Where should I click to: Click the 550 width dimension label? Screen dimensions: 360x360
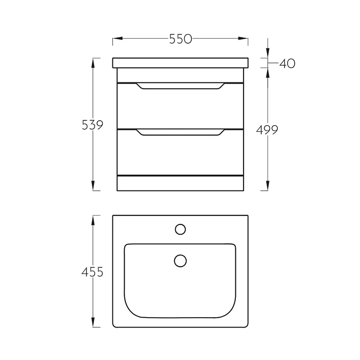coord(180,39)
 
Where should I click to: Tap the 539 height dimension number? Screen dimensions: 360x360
coord(93,125)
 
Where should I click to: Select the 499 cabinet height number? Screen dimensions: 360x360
coord(267,130)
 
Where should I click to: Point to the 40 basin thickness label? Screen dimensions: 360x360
coord(287,63)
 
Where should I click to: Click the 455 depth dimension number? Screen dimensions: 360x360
coord(92,272)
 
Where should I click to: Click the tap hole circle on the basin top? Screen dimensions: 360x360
coord(180,229)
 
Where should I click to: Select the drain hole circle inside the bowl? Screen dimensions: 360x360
coord(180,261)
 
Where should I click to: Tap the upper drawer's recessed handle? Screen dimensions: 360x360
coord(180,86)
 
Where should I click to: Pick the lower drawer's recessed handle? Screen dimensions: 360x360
coord(180,132)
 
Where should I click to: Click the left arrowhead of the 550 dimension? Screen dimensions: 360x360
coord(117,39)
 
